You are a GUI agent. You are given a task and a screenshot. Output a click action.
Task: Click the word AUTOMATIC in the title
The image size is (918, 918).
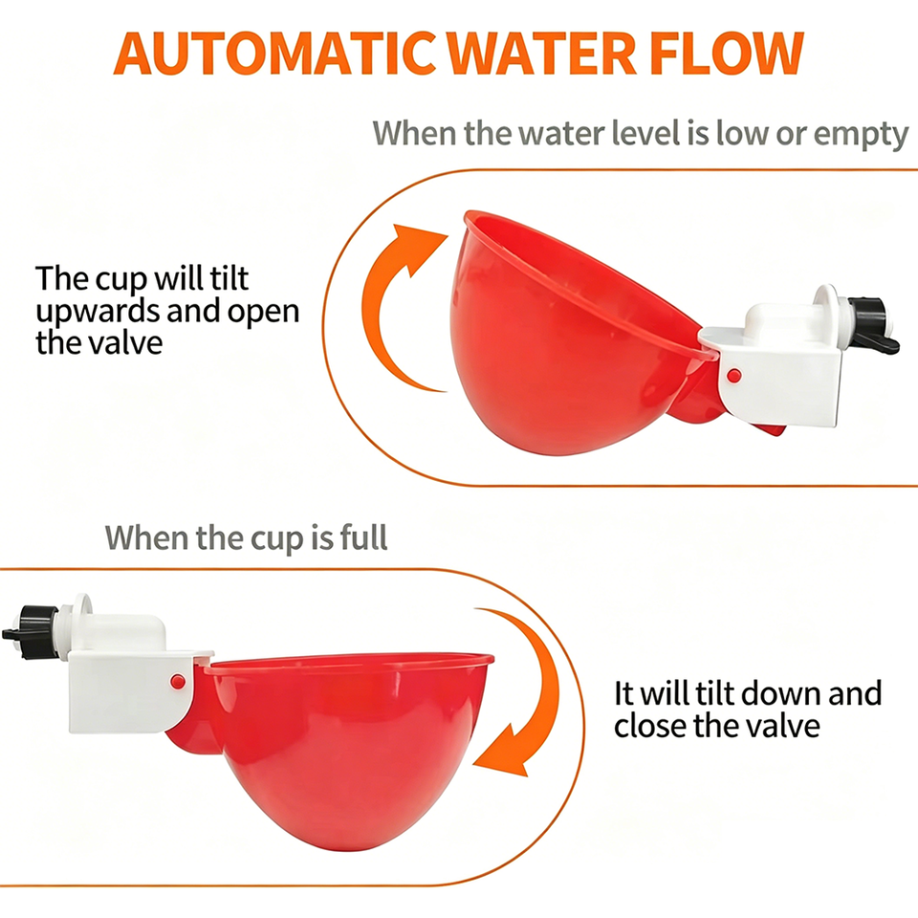coord(275,54)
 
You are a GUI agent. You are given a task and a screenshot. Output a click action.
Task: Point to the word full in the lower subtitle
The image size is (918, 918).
coord(363,536)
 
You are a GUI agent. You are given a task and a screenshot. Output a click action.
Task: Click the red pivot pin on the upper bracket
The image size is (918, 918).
coord(733,375)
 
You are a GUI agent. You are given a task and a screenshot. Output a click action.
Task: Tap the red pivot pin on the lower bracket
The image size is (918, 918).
coord(178,681)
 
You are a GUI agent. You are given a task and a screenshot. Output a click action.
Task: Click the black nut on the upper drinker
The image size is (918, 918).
coord(870,325)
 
